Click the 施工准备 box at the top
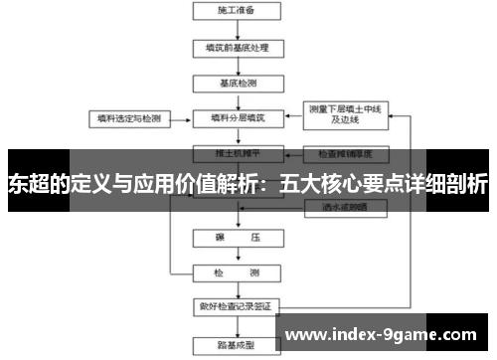(x=235, y=11)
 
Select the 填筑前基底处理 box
(x=237, y=47)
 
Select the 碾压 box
(x=237, y=239)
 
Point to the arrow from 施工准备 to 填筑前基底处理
(x=237, y=29)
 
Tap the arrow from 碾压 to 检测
(x=237, y=255)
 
